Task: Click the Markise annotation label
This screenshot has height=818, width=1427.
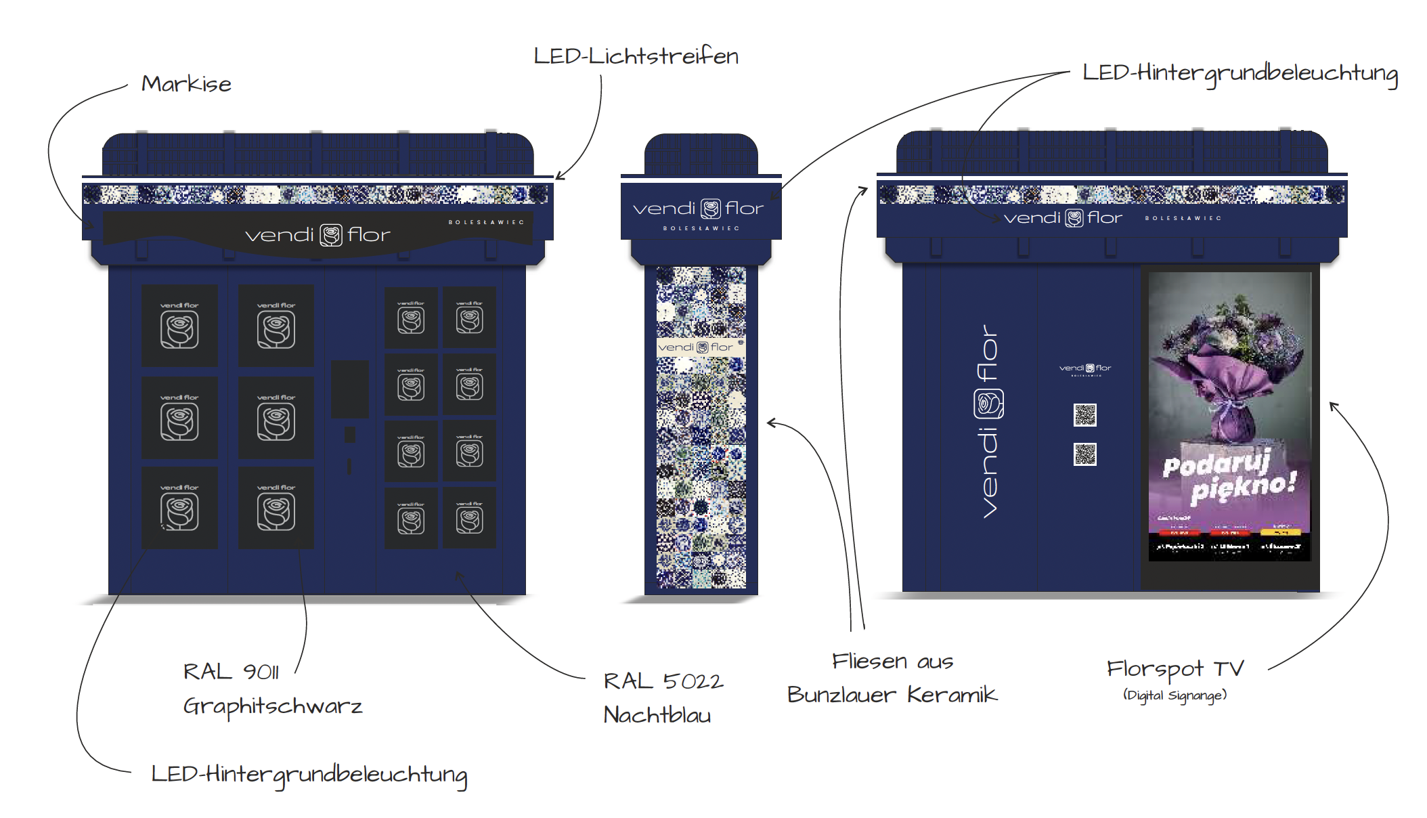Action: tap(186, 84)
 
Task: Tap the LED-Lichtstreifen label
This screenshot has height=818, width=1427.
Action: tap(636, 56)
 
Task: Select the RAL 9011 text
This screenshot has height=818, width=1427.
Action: tap(231, 672)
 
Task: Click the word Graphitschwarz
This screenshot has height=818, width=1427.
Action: tap(273, 706)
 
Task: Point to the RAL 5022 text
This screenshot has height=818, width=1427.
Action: tap(663, 681)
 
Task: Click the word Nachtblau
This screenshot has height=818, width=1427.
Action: tap(657, 715)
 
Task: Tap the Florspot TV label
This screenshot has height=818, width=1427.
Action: tap(1175, 669)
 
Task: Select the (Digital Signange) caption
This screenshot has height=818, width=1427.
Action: tap(1175, 695)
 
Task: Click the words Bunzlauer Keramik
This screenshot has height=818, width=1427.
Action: tap(892, 695)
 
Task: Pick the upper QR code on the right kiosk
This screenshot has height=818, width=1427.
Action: tap(1084, 414)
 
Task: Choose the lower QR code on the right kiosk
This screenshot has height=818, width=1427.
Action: tap(1084, 454)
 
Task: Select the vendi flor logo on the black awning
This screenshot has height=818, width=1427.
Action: tap(317, 235)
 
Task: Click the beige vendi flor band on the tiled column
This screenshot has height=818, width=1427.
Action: tap(700, 347)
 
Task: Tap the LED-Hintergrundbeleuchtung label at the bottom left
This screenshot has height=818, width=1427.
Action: tap(309, 774)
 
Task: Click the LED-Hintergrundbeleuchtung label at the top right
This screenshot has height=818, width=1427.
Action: tap(1240, 73)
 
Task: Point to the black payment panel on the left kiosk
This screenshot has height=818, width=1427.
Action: tap(350, 389)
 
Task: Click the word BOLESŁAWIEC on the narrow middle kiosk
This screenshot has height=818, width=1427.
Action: tap(701, 228)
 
